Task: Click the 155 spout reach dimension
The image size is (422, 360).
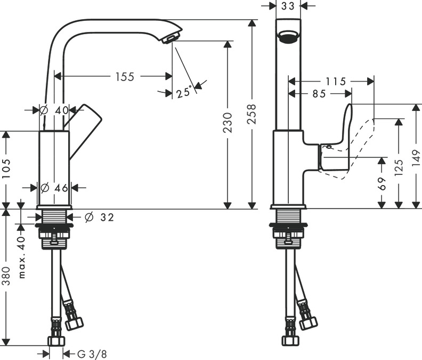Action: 125,77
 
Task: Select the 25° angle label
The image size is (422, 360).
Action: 183,92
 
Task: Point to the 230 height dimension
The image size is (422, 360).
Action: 228,123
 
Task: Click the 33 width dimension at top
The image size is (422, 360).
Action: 288,6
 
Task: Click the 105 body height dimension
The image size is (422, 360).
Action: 6,170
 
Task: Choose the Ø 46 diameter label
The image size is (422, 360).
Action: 55,187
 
